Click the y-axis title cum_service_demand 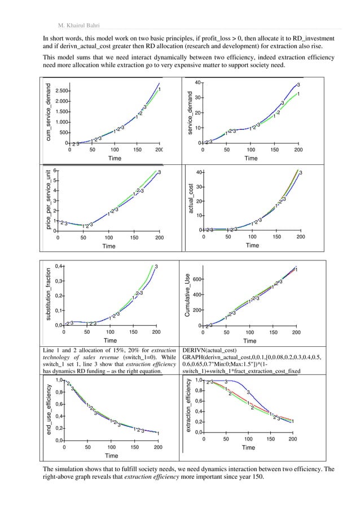pyautogui.click(x=49, y=112)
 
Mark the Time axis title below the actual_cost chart pyautogui.click(x=252, y=246)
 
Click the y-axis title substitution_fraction pyautogui.click(x=49, y=295)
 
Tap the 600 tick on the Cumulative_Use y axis pyautogui.click(x=197, y=280)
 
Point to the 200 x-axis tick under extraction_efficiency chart pyautogui.click(x=292, y=439)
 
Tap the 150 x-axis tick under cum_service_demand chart pyautogui.click(x=137, y=151)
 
